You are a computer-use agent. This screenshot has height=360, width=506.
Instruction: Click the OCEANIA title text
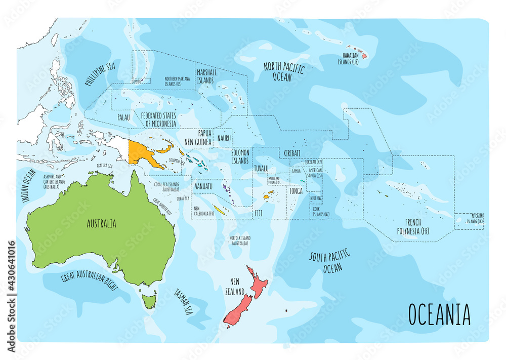click(439, 314)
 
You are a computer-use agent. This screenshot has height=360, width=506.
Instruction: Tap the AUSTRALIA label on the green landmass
click(101, 223)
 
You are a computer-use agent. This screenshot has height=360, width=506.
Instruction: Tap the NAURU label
click(224, 138)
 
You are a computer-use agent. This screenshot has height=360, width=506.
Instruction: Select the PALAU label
click(123, 117)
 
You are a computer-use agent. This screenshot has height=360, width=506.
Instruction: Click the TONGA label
click(296, 191)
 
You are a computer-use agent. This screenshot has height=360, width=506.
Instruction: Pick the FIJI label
click(258, 214)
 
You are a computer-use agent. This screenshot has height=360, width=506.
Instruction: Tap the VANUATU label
click(203, 186)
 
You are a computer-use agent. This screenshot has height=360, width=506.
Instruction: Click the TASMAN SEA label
click(182, 301)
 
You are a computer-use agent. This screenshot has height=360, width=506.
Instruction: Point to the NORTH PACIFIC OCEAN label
click(283, 71)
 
